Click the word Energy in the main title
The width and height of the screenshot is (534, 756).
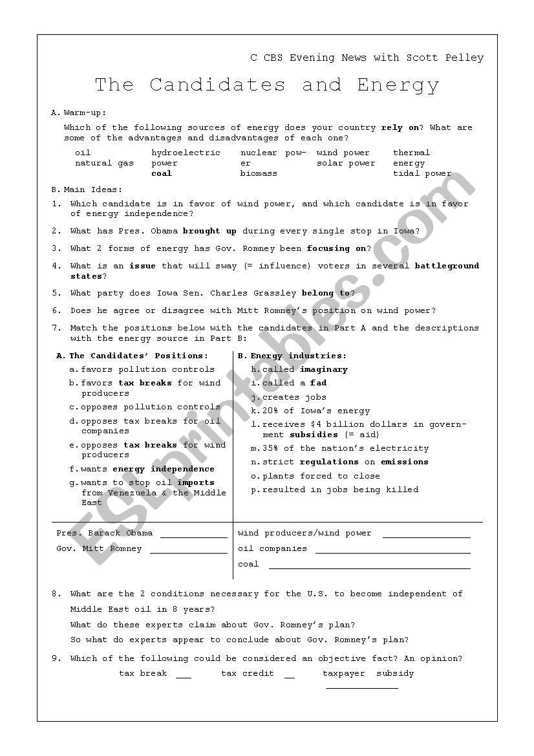[x=398, y=85]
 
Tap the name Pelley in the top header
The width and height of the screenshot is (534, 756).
[x=464, y=58]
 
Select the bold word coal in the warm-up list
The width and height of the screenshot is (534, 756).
[x=162, y=173]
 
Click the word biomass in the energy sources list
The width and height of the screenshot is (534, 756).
[x=259, y=173]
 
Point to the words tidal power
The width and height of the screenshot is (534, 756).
[x=422, y=173]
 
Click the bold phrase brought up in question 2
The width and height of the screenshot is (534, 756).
[x=209, y=231]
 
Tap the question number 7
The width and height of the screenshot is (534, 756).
[x=55, y=328]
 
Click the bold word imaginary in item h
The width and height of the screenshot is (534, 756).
[x=323, y=369]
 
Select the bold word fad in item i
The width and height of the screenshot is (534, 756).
[x=318, y=383]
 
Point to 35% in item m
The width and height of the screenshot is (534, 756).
[x=270, y=448]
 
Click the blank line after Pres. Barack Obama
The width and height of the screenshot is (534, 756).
[x=194, y=537]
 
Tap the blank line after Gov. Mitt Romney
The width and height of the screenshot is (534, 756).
[x=188, y=552]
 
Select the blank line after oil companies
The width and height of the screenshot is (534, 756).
[x=392, y=552]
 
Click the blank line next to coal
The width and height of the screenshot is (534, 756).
[x=369, y=568]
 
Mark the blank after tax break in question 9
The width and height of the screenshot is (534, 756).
[x=184, y=677]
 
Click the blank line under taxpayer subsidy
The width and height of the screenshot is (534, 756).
[x=361, y=687]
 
